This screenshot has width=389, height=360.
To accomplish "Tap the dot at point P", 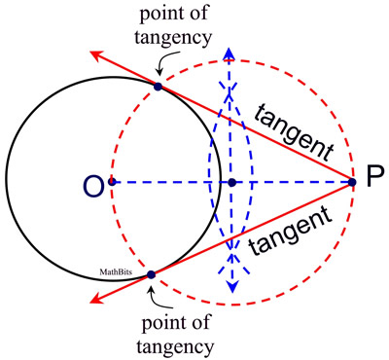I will pyautogui.click(x=352, y=181).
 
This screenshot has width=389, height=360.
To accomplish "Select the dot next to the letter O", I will pyautogui.click(x=113, y=182).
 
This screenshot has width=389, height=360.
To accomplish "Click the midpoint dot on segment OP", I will pyautogui.click(x=231, y=182).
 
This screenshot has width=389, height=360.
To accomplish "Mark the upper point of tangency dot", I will pyautogui.click(x=159, y=87).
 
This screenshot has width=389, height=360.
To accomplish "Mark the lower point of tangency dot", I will pyautogui.click(x=151, y=276).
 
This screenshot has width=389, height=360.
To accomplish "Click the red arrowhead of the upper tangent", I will pyautogui.click(x=97, y=56).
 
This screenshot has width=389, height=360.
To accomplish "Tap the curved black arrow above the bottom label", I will pyautogui.click(x=165, y=298).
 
